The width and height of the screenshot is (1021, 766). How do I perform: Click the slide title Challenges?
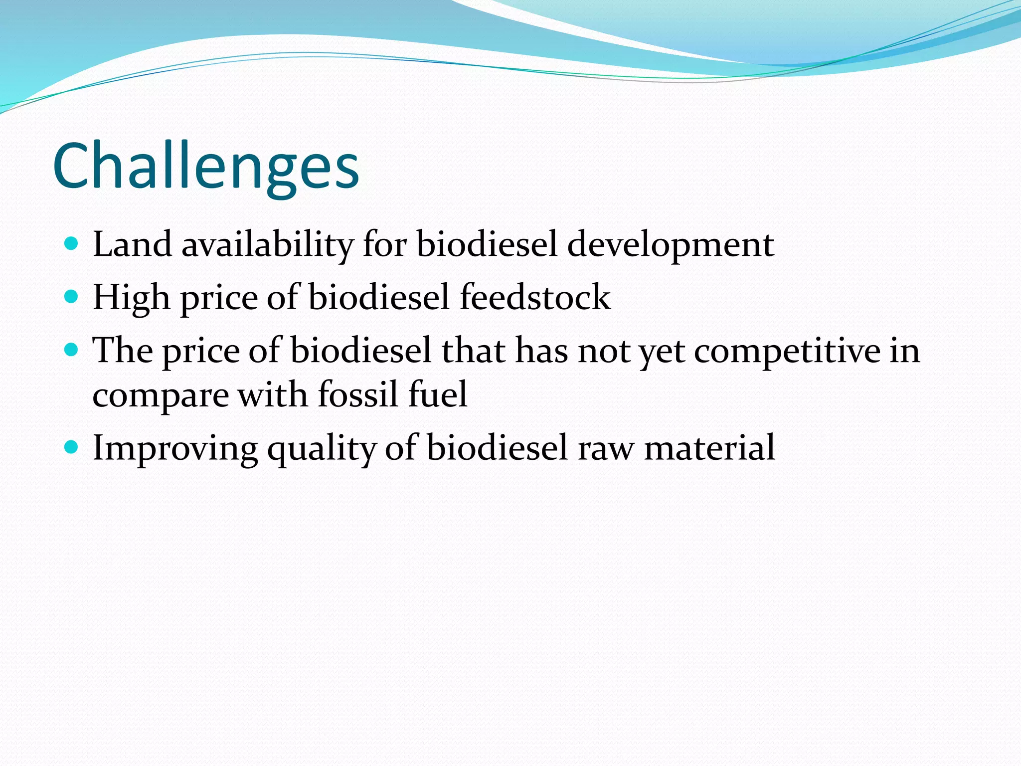pos(205,167)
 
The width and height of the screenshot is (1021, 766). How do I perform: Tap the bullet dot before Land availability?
pos(72,244)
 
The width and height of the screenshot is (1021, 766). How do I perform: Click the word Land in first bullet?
pos(132,244)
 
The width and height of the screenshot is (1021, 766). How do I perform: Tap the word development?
pos(671,245)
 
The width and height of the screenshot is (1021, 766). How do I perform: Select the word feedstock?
pos(535,297)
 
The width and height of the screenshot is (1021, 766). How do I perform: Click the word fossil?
pos(358,394)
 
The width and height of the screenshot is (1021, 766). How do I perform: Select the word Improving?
pos(175,448)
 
